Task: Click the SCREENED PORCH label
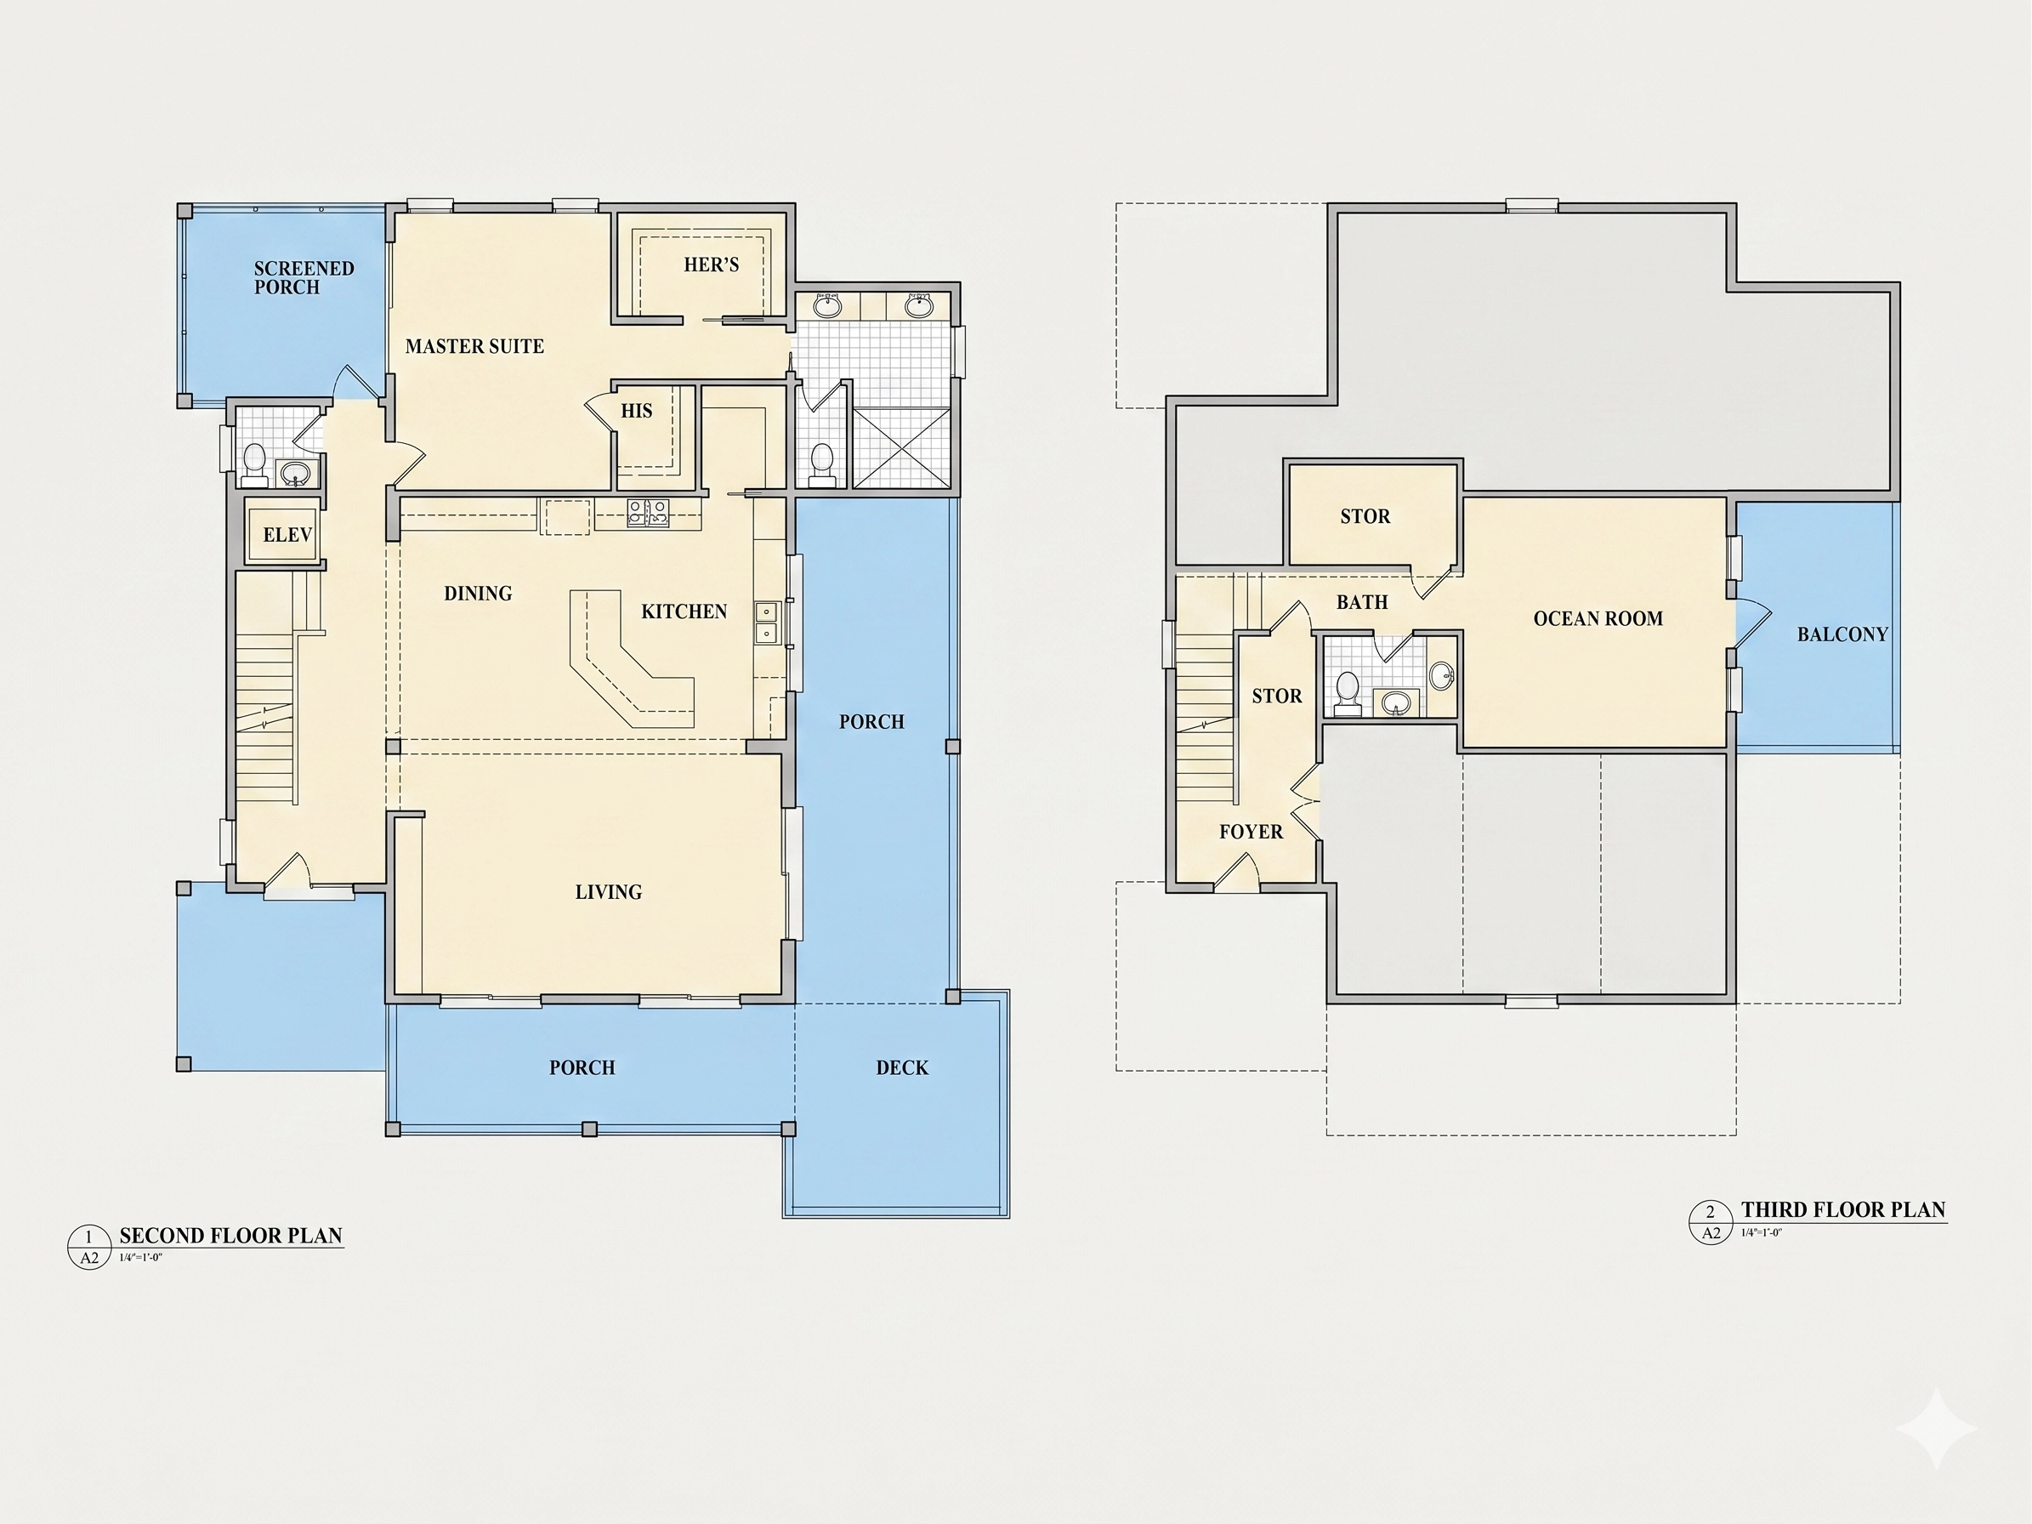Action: tap(304, 277)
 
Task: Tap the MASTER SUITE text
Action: tap(475, 346)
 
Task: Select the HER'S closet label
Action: tap(711, 264)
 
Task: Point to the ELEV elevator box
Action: tap(284, 535)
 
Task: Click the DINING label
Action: tap(478, 594)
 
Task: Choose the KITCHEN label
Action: tap(684, 611)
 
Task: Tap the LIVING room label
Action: tap(608, 892)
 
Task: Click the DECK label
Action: tap(902, 1067)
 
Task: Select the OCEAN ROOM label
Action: tap(1598, 619)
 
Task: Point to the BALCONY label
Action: tap(1842, 634)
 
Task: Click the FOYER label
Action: tap(1252, 832)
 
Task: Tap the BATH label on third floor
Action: tap(1362, 603)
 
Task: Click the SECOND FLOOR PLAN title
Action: tap(230, 1236)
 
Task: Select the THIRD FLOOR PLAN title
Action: tap(1844, 1210)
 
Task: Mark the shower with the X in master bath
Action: tap(902, 448)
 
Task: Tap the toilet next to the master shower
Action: tap(822, 466)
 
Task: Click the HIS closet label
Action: tap(637, 411)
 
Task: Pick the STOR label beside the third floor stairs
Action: tap(1277, 697)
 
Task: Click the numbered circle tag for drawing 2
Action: tap(1711, 1223)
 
